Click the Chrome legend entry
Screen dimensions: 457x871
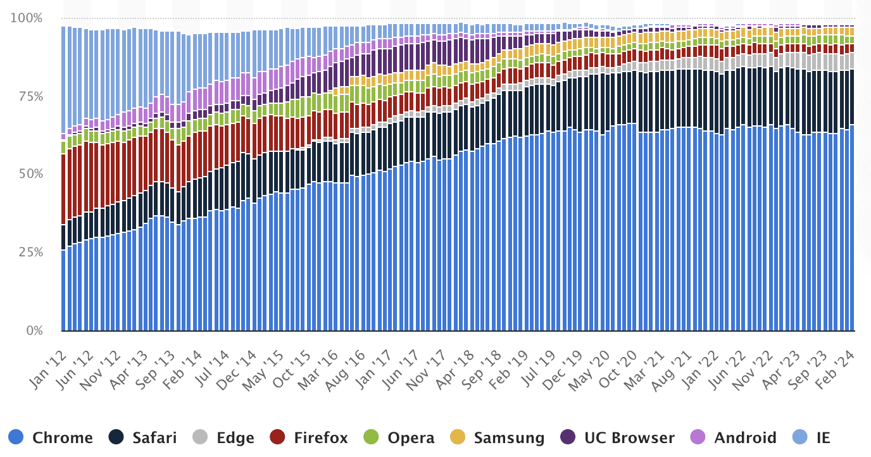click(51, 437)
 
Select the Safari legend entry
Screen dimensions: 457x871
click(143, 437)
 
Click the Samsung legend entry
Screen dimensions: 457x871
click(497, 437)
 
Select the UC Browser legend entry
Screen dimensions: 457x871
click(618, 437)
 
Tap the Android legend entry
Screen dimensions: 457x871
click(734, 437)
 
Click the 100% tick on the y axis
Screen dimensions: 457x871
click(27, 18)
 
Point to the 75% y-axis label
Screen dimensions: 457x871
click(29, 96)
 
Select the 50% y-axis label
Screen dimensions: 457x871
click(29, 174)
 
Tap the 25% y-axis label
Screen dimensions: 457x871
click(29, 253)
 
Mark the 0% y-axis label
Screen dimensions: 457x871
click(34, 330)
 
